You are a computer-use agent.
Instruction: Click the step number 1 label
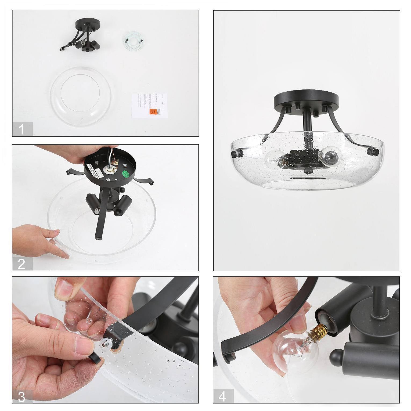pos(22,129)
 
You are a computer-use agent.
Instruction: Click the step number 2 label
pos(22,264)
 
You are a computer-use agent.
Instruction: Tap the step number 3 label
pos(22,397)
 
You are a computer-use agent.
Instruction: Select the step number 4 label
pos(223,396)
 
